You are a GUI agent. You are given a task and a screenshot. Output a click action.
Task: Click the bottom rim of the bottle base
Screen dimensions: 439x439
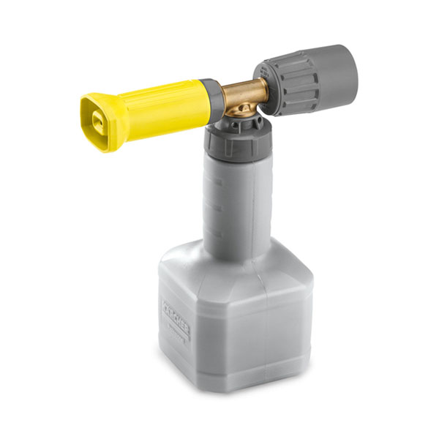(x=234, y=386)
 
